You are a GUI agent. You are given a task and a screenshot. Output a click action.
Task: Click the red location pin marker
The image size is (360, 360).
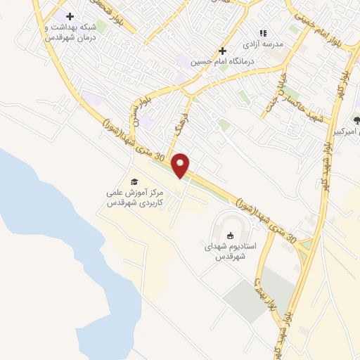[181, 165]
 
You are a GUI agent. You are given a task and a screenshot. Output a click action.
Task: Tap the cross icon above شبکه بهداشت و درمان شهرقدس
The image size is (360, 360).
[69, 15]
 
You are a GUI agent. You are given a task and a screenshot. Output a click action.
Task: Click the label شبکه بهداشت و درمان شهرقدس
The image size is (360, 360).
[70, 32]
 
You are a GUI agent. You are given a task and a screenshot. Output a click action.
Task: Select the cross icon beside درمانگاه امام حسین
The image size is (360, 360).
[222, 51]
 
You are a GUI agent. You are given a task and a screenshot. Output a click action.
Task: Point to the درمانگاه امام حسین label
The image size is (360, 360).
[222, 61]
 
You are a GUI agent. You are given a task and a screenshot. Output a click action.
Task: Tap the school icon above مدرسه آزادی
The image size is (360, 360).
[263, 33]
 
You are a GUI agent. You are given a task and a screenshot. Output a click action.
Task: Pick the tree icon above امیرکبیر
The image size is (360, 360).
[357, 120]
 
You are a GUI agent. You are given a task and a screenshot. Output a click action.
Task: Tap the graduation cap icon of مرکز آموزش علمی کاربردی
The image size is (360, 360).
[134, 181]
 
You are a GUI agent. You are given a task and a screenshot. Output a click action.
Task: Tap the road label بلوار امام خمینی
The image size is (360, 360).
[313, 30]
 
